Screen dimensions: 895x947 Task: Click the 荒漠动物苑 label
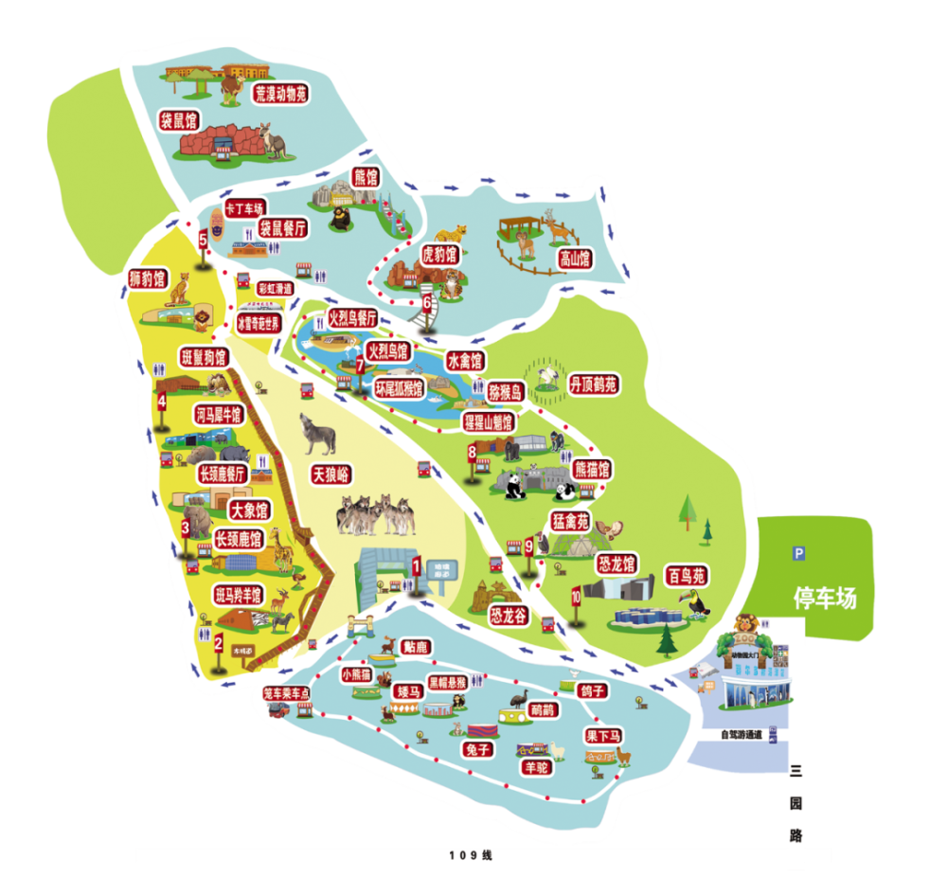pos(281,93)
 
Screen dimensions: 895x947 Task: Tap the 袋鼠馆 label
pos(178,120)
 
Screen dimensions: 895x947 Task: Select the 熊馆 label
pos(365,177)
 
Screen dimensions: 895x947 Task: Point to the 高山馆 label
pos(574,258)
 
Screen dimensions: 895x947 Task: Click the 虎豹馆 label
pos(438,254)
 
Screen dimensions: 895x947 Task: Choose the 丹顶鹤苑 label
pos(593,385)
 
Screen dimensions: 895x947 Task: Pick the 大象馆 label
pos(243,510)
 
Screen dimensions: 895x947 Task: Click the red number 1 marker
pos(416,566)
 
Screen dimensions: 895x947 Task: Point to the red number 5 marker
pos(203,240)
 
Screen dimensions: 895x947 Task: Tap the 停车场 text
pos(824,599)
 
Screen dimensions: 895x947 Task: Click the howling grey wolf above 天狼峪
pos(316,434)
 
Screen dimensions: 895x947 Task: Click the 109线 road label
pos(471,855)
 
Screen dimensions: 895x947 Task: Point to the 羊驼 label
pos(536,768)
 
